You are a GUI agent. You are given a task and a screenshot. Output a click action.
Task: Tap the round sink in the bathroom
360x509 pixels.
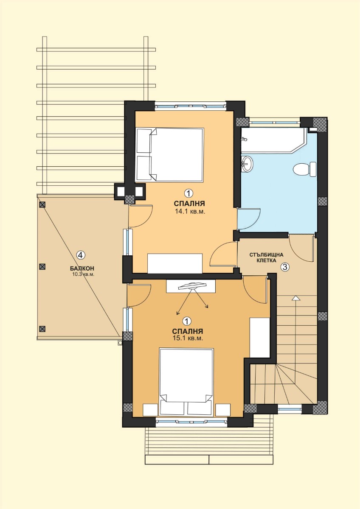[247, 163]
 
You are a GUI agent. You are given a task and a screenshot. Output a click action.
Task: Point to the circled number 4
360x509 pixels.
[81, 255]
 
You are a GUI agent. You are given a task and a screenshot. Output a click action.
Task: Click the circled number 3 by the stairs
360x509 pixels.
[285, 267]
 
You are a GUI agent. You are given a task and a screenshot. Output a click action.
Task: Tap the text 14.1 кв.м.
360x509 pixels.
[190, 212]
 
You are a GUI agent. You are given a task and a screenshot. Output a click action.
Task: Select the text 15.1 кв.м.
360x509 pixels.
[188, 338]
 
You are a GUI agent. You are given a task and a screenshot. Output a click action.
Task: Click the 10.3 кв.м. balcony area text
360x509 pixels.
[83, 274]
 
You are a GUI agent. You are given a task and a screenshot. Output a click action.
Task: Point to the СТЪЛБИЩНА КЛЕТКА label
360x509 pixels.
[266, 257]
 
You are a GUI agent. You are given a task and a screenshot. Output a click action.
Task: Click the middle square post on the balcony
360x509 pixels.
[42, 266]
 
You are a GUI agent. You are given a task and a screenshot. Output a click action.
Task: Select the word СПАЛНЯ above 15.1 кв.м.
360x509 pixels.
[188, 331]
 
